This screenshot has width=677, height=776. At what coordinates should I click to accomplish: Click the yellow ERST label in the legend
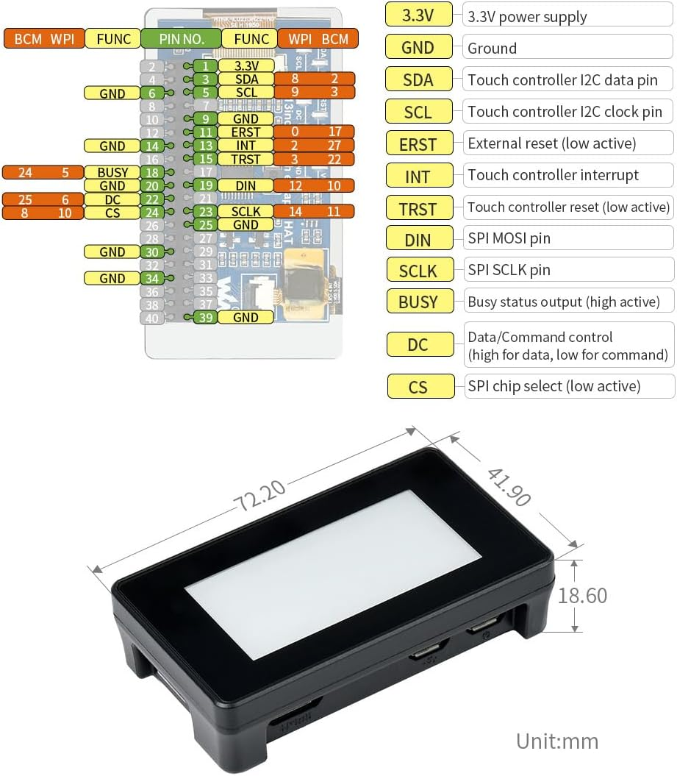click(x=418, y=144)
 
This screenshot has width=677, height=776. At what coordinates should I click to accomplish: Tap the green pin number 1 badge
click(x=205, y=66)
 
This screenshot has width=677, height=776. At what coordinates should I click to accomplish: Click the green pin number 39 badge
click(x=205, y=317)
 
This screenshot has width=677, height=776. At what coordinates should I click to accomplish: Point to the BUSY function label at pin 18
click(x=112, y=173)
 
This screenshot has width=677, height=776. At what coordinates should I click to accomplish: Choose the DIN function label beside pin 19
click(x=246, y=185)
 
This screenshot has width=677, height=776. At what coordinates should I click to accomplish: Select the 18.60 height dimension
click(x=582, y=595)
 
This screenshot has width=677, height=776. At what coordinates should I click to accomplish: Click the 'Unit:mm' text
click(x=556, y=741)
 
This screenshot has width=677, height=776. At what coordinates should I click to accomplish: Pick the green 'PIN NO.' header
click(x=182, y=38)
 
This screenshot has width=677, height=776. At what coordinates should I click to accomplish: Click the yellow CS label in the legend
click(x=418, y=386)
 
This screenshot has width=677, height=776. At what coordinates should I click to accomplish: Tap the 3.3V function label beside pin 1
click(x=246, y=66)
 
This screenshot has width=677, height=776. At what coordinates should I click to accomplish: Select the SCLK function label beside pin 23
click(x=246, y=212)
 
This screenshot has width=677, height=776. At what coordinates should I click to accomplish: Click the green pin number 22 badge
click(x=151, y=199)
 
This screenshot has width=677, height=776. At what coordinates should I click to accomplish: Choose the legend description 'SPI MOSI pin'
click(x=509, y=238)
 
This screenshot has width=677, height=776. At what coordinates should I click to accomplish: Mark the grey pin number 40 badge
click(x=151, y=318)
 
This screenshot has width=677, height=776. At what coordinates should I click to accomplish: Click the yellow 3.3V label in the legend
click(x=418, y=15)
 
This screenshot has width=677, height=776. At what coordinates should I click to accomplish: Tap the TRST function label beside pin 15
click(x=246, y=159)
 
